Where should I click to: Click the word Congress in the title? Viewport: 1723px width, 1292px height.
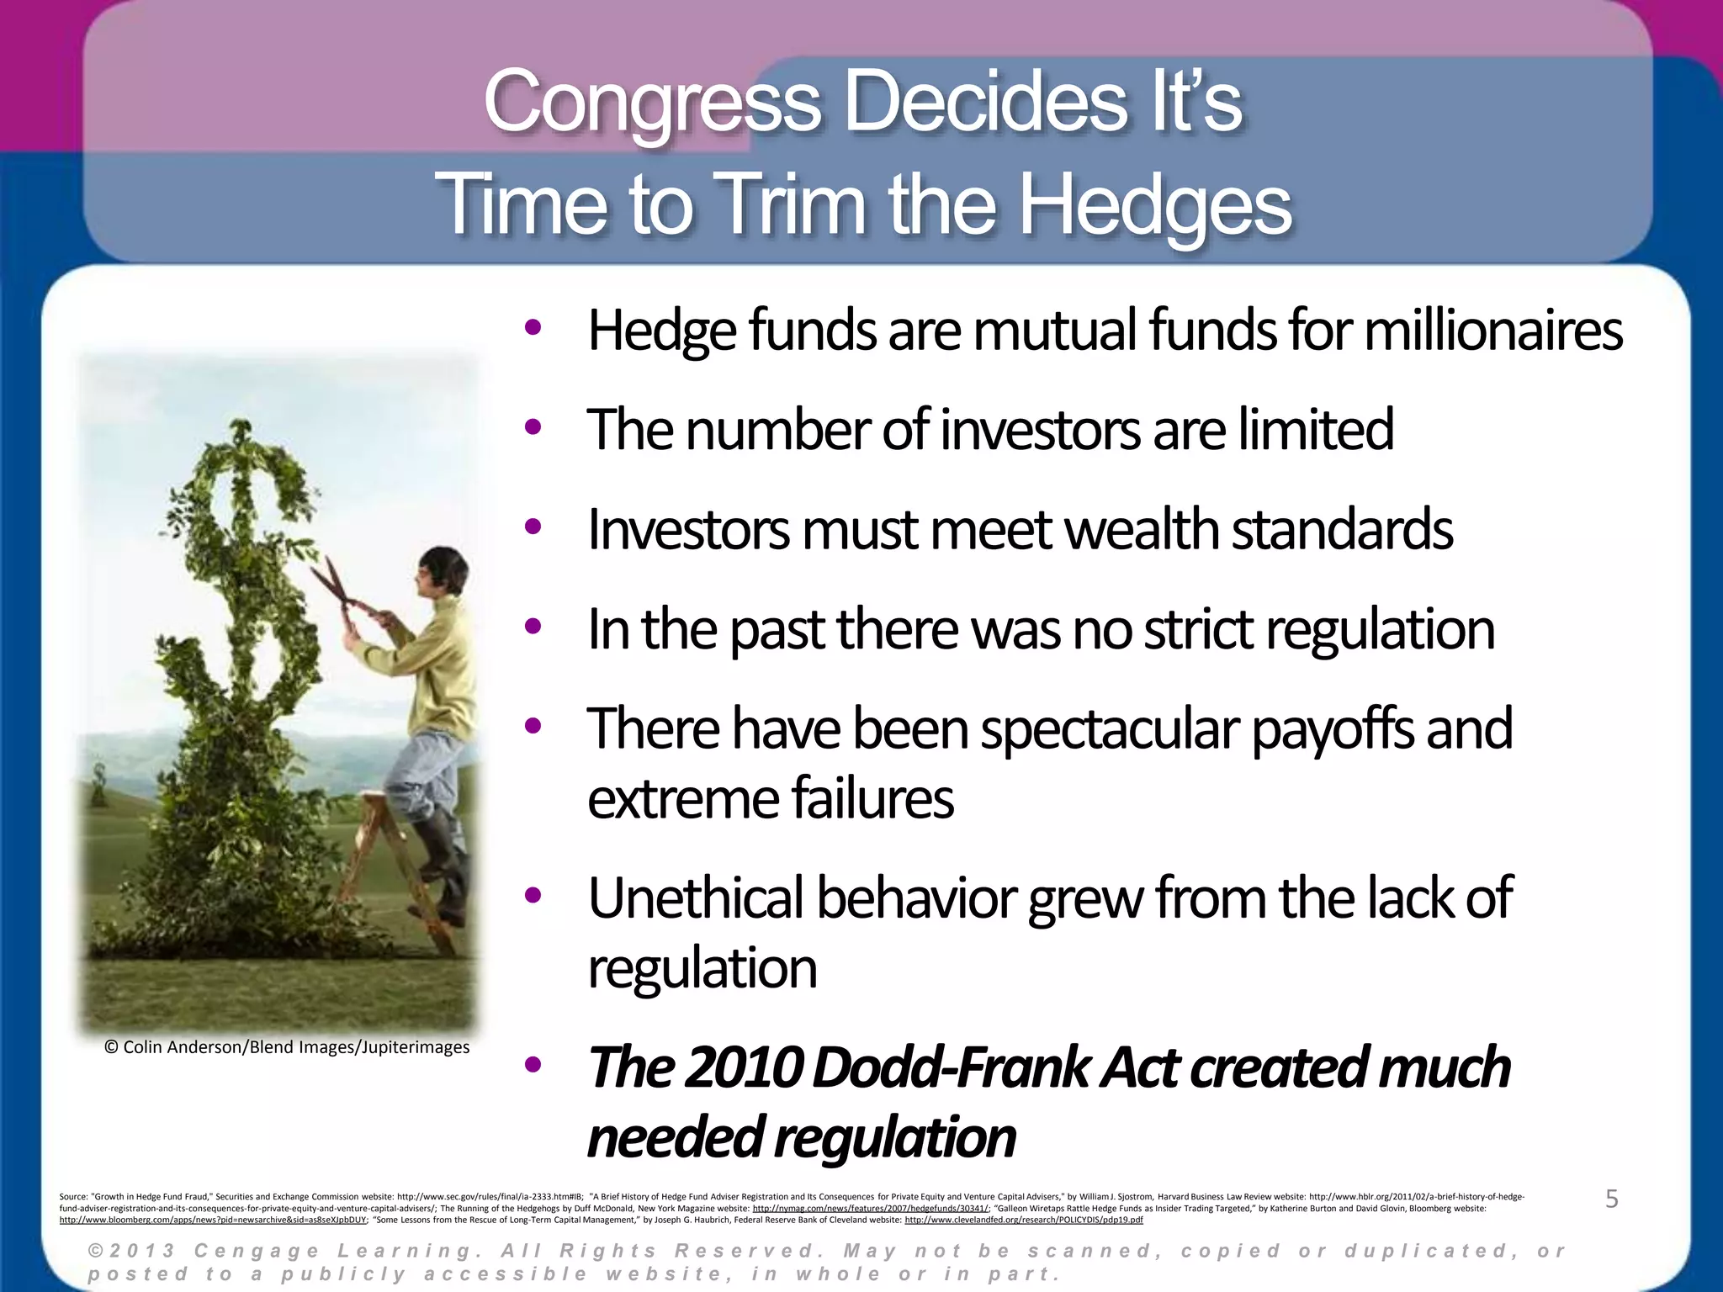(x=652, y=103)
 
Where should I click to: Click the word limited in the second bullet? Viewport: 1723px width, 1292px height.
(x=1315, y=429)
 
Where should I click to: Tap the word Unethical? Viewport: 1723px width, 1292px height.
(x=695, y=898)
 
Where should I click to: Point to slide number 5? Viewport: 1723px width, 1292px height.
(x=1611, y=1199)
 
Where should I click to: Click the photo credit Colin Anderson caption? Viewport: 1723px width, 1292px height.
(x=287, y=1047)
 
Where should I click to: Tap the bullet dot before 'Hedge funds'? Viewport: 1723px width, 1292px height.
(x=532, y=328)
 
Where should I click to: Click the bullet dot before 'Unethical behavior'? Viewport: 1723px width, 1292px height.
(x=532, y=896)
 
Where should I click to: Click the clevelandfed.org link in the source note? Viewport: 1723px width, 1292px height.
(x=1023, y=1220)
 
